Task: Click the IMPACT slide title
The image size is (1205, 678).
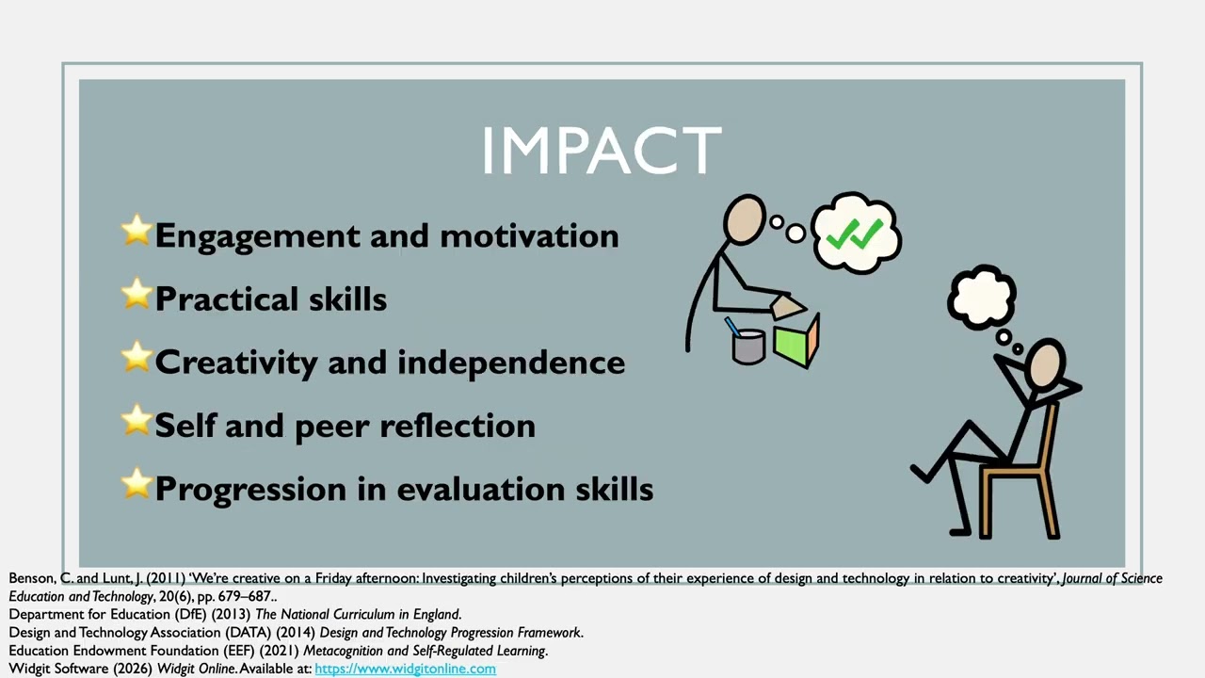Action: point(601,151)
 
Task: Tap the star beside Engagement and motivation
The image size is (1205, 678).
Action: point(137,231)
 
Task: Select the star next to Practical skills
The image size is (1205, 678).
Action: point(137,294)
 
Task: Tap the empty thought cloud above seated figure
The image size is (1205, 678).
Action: point(981,296)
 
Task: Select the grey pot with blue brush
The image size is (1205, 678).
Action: point(747,344)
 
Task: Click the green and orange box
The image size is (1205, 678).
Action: point(796,340)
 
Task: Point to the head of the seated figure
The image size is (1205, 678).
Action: point(1045,365)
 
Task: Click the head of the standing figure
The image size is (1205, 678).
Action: point(745,220)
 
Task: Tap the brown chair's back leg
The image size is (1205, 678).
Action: point(1052,499)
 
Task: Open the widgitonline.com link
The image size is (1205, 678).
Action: point(405,669)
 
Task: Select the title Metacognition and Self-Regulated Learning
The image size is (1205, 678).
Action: point(424,651)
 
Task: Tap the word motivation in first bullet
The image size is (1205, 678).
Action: point(529,235)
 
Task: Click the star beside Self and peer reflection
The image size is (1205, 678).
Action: point(137,421)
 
